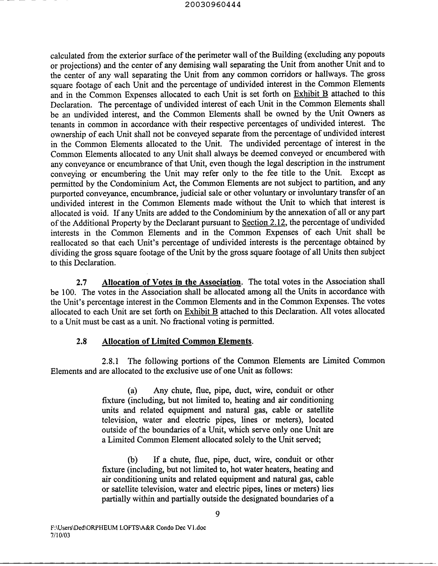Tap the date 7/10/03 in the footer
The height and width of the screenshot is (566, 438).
pyautogui.click(x=60, y=535)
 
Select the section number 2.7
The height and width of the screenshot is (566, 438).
pyautogui.click(x=81, y=282)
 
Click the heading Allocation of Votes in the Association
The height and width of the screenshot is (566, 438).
pyautogui.click(x=171, y=282)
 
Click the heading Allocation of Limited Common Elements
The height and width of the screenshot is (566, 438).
pyautogui.click(x=177, y=341)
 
